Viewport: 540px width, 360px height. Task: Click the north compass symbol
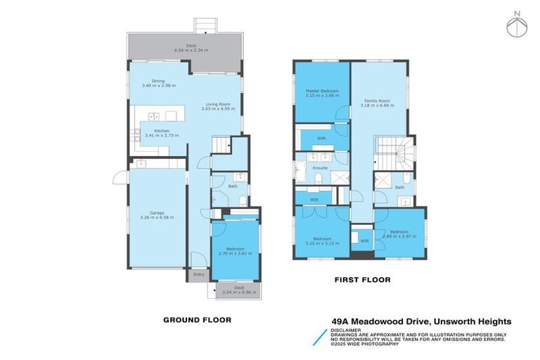point(517,26)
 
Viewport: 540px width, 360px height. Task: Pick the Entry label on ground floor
point(199,275)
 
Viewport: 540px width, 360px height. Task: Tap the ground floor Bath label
point(232,187)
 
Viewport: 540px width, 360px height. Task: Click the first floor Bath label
point(399,188)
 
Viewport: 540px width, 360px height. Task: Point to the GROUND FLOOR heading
point(197,319)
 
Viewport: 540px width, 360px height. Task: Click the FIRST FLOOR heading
point(361,280)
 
